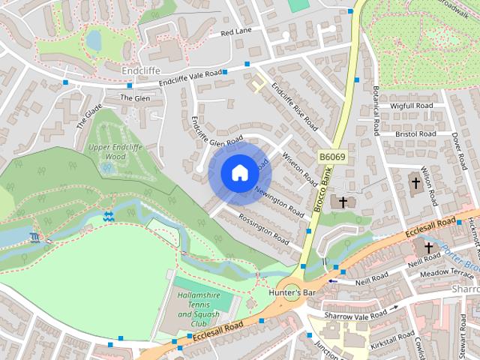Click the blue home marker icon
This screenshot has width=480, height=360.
click(x=238, y=172)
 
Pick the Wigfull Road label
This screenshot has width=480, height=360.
click(x=412, y=106)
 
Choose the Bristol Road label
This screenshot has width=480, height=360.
click(x=415, y=134)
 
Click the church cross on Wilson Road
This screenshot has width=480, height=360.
click(x=415, y=182)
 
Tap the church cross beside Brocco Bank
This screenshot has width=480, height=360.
click(x=343, y=202)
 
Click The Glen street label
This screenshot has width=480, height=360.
click(x=135, y=98)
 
